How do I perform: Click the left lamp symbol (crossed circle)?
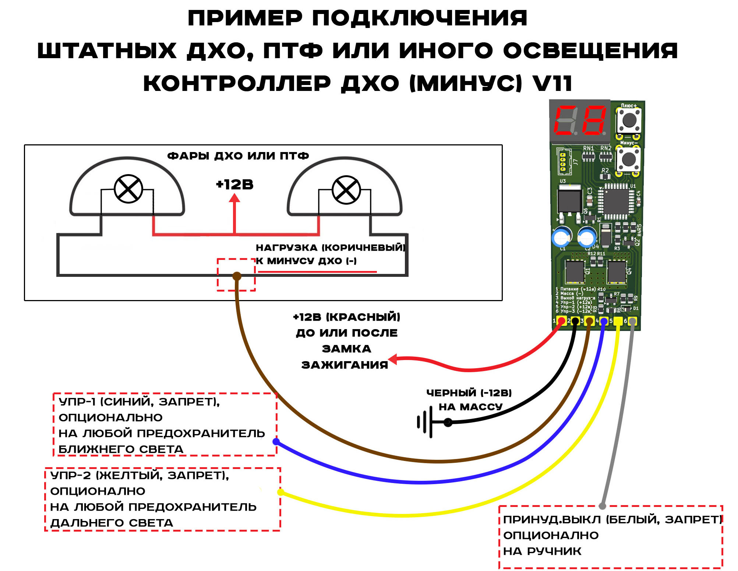128,189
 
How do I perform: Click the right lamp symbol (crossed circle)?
346,190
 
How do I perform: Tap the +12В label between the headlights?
234,184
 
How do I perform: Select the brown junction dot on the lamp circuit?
237,276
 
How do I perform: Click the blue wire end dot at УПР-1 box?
276,441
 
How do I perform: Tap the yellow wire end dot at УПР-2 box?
280,492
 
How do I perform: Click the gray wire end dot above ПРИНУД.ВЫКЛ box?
602,506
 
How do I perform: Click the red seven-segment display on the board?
579,120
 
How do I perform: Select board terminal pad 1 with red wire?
561,321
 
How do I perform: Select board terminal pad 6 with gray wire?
632,321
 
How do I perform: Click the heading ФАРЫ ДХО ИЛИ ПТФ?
238,156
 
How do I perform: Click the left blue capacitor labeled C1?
561,237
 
